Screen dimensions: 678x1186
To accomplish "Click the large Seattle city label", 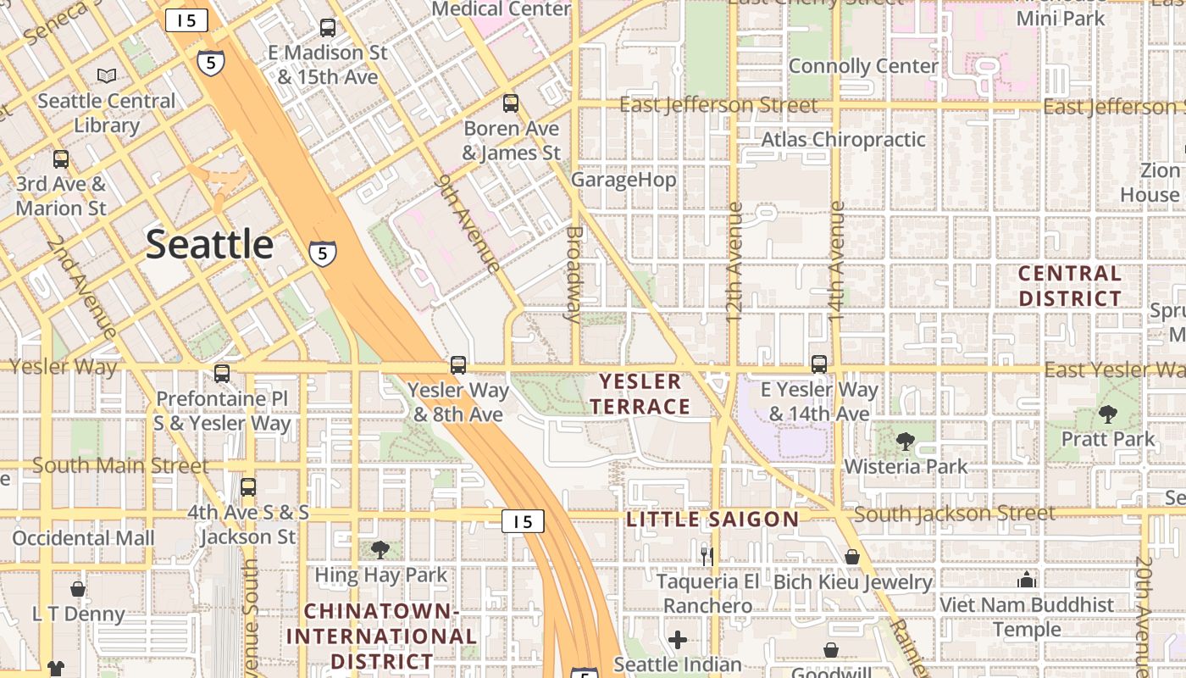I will [x=209, y=244].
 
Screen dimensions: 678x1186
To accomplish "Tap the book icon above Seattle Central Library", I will [x=107, y=76].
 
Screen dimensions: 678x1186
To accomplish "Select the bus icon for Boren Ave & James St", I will [x=511, y=103].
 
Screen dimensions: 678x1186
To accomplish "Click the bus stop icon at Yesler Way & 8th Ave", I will [x=458, y=365].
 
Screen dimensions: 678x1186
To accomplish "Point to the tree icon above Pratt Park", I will [x=1107, y=414].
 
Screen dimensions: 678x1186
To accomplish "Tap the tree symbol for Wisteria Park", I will [x=906, y=441].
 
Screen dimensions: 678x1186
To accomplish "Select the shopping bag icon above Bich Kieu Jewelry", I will [x=852, y=557].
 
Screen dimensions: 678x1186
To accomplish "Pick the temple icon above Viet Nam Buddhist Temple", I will [x=1027, y=580].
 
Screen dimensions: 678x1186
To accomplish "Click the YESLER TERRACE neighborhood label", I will [x=640, y=394].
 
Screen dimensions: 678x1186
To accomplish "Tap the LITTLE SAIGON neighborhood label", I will [x=712, y=520].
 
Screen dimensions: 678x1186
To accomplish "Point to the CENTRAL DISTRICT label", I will [x=1070, y=286].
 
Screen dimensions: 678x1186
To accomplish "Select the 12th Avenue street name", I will [x=734, y=262].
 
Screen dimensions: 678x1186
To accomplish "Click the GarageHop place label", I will [x=623, y=180].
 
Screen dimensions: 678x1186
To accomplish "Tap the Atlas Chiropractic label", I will [x=843, y=139].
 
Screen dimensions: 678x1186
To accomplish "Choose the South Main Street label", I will [x=119, y=465].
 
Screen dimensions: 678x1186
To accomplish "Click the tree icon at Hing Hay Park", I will [x=380, y=550].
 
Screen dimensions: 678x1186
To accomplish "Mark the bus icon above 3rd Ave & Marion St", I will [x=61, y=158].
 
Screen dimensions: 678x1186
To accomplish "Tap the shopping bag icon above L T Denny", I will [x=78, y=588].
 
